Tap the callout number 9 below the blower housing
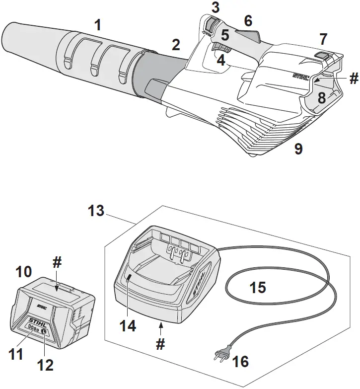[x=298, y=149]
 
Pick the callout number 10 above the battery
[x=24, y=272]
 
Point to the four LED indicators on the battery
[x=33, y=329]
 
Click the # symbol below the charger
[x=160, y=344]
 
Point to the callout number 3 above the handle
[x=215, y=7]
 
